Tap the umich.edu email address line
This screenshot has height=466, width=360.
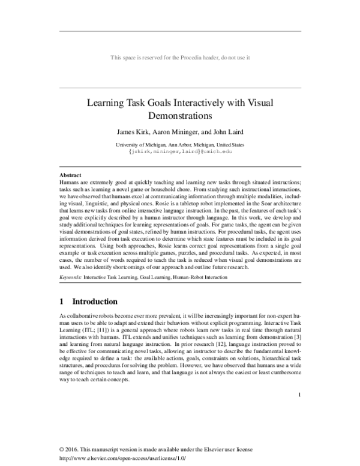click(x=180, y=152)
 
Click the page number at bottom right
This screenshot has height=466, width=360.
click(x=298, y=395)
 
